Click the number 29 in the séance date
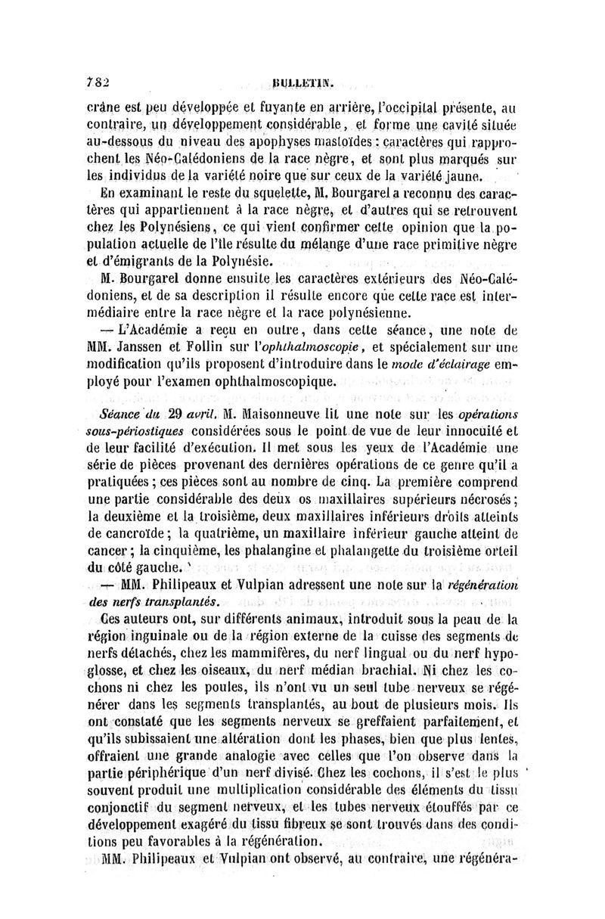click(175, 414)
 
